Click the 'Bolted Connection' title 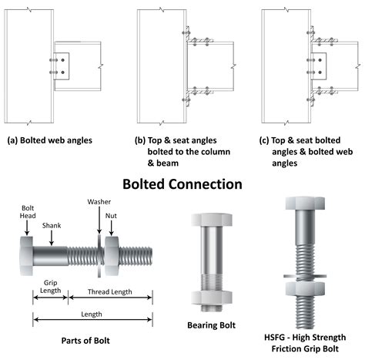coord(182,184)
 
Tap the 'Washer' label coord(99,202)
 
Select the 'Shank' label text coord(52,226)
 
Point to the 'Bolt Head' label coord(28,212)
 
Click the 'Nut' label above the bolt coord(111,216)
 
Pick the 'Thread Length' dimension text coord(110,292)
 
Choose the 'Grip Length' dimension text coord(51,287)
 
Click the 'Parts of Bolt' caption coord(85,341)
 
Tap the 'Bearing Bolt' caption coord(211,325)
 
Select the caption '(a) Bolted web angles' coord(50,140)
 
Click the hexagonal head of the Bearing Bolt coord(212,220)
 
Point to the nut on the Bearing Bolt coord(212,298)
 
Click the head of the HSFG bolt coord(305,204)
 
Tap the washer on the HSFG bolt coord(305,276)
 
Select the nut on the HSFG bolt coord(305,288)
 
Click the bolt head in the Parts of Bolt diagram coord(26,256)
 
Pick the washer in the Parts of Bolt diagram coord(99,256)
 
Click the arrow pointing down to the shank coord(52,238)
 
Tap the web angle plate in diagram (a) coord(62,66)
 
